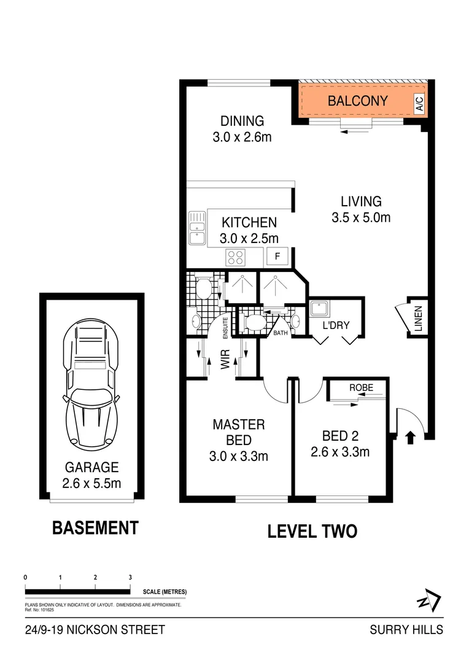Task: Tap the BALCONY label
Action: tap(357, 101)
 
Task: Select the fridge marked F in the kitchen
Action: tap(277, 257)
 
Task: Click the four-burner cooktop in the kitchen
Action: tap(236, 257)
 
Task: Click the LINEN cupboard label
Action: tap(418, 319)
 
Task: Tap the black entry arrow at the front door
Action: tap(410, 437)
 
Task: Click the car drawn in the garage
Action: tap(91, 382)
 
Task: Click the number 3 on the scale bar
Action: tap(130, 577)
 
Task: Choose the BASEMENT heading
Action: tap(95, 528)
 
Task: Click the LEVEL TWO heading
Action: tap(312, 531)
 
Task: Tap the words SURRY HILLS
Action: tap(406, 630)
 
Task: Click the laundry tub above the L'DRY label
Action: tap(320, 308)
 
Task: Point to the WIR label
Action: tap(225, 359)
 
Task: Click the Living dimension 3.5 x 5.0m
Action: tap(361, 217)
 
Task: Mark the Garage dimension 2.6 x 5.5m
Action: tap(91, 483)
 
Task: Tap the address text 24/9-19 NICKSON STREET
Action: tap(95, 630)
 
